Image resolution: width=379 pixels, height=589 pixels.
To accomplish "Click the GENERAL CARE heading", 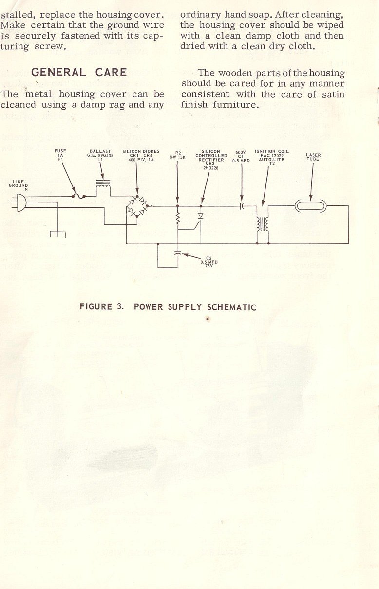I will (x=79, y=73).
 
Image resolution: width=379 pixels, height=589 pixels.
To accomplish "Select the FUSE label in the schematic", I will (x=60, y=151).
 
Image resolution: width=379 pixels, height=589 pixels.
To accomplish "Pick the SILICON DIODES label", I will (x=141, y=151).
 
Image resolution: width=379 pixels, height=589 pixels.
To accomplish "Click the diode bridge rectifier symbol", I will (x=137, y=206).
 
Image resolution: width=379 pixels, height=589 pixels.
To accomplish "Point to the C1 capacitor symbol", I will (x=242, y=206).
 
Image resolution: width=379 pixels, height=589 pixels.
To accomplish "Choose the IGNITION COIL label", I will (x=272, y=152).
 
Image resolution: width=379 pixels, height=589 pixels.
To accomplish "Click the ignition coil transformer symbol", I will (x=263, y=224).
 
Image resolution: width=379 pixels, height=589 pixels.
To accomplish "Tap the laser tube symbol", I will (x=310, y=206).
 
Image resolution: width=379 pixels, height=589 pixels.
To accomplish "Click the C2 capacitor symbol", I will (x=177, y=253).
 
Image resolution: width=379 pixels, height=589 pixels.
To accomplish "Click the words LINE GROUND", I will (x=19, y=184).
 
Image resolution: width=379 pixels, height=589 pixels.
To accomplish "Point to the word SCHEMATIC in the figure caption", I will (x=232, y=307).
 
